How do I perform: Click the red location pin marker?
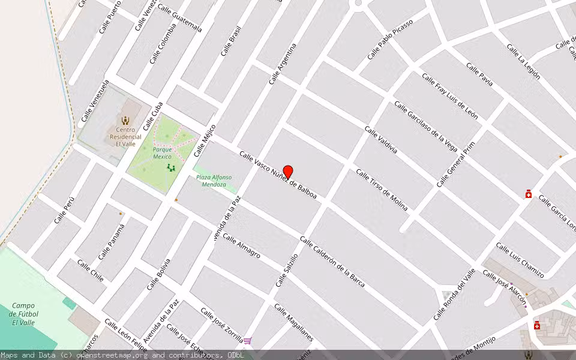(x=288, y=172)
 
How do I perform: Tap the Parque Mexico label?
(x=162, y=153)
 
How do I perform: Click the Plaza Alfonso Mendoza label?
(x=213, y=181)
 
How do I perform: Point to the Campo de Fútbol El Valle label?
(x=25, y=314)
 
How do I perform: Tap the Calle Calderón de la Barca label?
(x=332, y=262)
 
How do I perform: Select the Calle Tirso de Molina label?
(x=382, y=190)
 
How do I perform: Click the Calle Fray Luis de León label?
(x=450, y=97)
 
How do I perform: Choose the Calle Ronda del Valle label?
(x=454, y=294)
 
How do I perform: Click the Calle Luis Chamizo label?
(x=520, y=260)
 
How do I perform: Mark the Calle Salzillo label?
(x=287, y=270)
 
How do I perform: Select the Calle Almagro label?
(x=241, y=245)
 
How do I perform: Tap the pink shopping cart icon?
(x=247, y=341)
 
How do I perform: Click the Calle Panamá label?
(x=112, y=241)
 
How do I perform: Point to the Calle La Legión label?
(x=523, y=62)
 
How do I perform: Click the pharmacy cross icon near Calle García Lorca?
(x=529, y=194)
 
